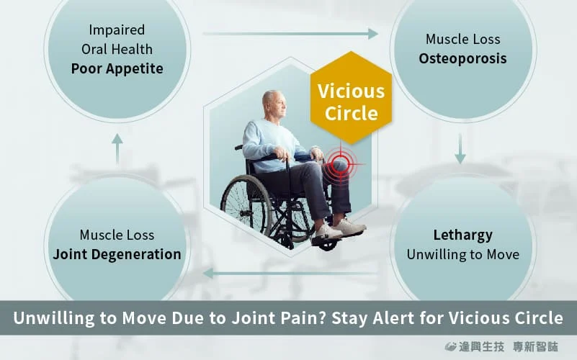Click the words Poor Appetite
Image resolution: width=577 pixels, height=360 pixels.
coord(117,69)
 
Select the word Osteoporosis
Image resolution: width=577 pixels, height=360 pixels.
coord(462,58)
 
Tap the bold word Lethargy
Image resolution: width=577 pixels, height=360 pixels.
coord(462,235)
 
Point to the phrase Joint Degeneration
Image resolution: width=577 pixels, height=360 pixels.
coord(117,254)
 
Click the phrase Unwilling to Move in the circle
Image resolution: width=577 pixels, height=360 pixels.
coord(463,254)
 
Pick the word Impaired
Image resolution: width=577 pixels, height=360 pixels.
coord(117,30)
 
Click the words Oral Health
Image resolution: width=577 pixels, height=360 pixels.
coord(117,49)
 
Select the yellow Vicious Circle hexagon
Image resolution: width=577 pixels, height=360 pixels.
coord(351,98)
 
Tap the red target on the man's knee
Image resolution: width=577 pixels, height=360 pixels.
coord(341,164)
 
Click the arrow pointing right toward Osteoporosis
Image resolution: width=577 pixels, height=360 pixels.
coord(290,34)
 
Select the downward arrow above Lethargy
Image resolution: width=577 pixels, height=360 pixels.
coord(460,148)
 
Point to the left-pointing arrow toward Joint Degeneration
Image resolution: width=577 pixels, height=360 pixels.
coord(290,273)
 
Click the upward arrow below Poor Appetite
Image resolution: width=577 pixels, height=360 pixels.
coord(117,148)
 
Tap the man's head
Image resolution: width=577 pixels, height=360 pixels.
coord(274,104)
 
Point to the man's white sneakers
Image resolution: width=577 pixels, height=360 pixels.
coord(339,230)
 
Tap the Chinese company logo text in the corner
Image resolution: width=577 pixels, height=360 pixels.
coord(501,346)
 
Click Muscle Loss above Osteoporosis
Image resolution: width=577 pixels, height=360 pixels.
coord(463,40)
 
